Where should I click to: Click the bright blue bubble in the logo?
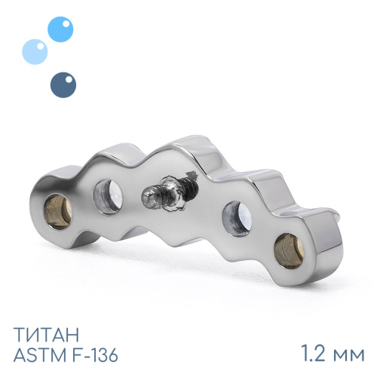click(x=60, y=29)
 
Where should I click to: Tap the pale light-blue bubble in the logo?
click(x=35, y=52)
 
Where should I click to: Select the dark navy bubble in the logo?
click(x=63, y=85)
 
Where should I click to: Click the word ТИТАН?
click(x=46, y=335)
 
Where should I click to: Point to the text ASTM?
click(x=38, y=355)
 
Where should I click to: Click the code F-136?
click(x=93, y=355)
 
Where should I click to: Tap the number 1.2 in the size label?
click(x=313, y=354)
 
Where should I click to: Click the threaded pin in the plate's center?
click(x=168, y=192)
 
